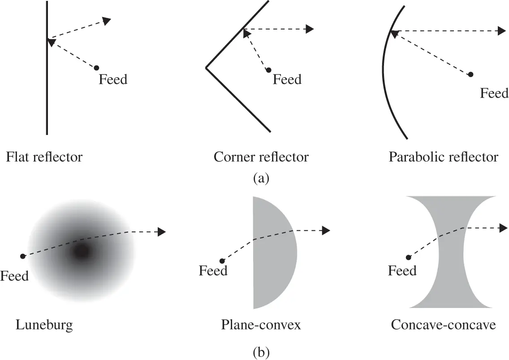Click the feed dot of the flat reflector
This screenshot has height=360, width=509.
pos(96,68)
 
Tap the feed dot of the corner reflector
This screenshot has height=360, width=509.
pos(268,70)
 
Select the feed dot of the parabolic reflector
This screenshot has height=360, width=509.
pos(470,74)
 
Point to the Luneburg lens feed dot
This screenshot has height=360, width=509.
pos(22,256)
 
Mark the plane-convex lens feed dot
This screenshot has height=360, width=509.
pos(222,260)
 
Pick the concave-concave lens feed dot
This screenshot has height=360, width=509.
pos(408,257)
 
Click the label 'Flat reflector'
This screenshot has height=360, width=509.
pos(44,157)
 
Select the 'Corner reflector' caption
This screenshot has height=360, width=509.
pos(261,157)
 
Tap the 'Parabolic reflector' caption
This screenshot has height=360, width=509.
pos(443,157)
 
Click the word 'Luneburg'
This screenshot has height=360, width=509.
pos(44,325)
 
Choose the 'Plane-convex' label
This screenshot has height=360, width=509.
pos(261,325)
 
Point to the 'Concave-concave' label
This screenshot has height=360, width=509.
pos(443,325)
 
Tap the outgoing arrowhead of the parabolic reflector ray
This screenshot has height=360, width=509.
pos(502,31)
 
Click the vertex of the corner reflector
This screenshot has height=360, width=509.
pos(206,68)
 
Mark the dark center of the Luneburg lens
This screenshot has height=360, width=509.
pos(81,252)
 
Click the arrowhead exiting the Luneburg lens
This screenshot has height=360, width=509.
pos(162,232)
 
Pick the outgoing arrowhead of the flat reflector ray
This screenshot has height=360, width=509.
pos(107,20)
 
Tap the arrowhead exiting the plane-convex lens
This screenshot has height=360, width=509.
pos(326,230)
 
